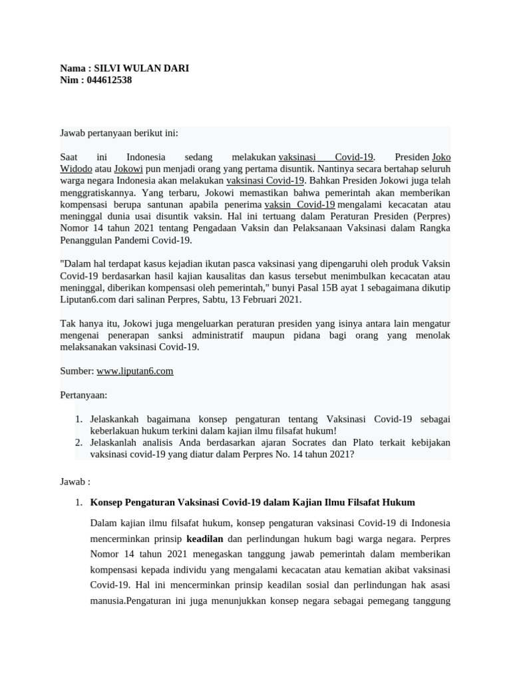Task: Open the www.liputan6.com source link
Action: [134, 371]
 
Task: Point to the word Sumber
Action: [77, 371]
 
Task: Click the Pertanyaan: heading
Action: [83, 395]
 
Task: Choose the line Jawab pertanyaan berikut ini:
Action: [119, 133]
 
